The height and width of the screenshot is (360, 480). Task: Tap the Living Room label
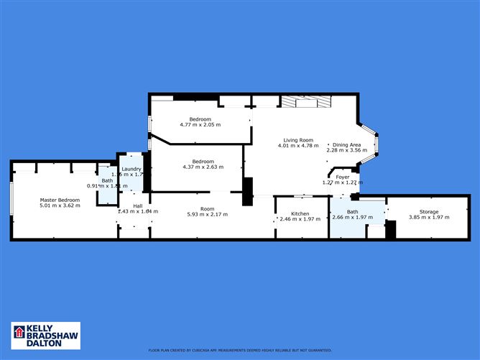click(297, 139)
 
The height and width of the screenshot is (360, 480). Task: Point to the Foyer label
click(343, 176)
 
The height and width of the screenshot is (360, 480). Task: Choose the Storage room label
click(423, 211)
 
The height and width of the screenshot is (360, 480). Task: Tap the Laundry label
click(131, 169)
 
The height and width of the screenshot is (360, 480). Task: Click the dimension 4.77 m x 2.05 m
click(200, 124)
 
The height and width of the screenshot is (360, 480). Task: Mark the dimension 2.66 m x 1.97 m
click(352, 218)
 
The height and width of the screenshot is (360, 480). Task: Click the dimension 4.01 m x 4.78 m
click(297, 146)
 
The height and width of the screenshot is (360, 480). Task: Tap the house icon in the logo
click(19, 333)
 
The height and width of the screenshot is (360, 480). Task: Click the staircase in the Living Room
click(305, 102)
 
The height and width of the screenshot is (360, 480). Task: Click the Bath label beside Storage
click(352, 211)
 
